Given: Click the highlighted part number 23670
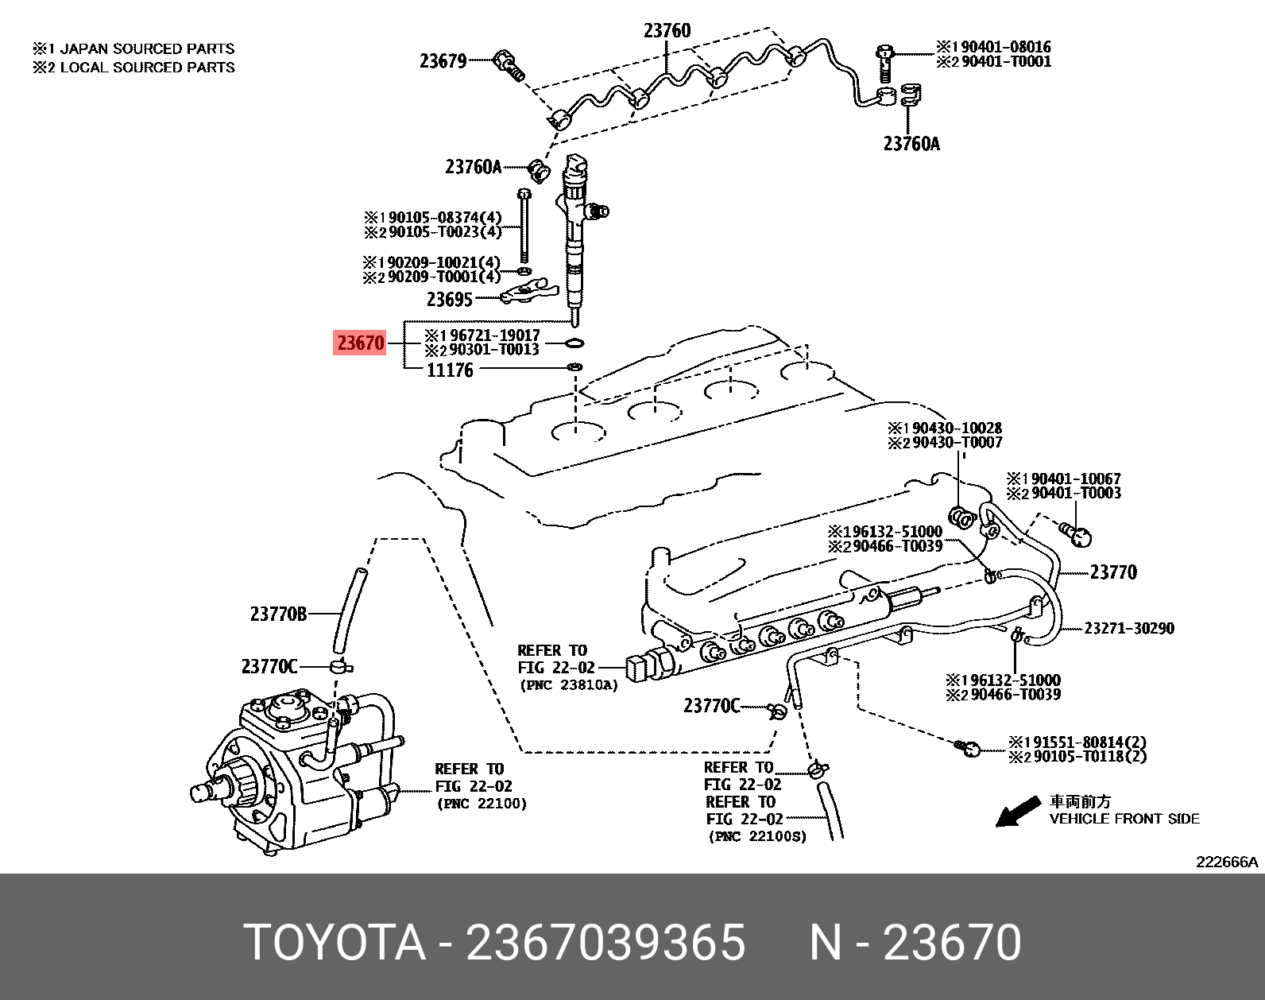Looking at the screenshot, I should pyautogui.click(x=360, y=343).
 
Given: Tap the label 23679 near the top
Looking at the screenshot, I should pyautogui.click(x=443, y=61).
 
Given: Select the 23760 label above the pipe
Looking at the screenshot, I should pyautogui.click(x=667, y=31).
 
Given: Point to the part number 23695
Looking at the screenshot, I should pyautogui.click(x=449, y=300).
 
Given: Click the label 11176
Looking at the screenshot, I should pyautogui.click(x=450, y=370).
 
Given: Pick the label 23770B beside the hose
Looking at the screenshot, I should pyautogui.click(x=278, y=614).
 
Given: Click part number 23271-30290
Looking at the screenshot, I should pyautogui.click(x=1128, y=629).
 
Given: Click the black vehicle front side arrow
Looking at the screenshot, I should pyautogui.click(x=1016, y=812).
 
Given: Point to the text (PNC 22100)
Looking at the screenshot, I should pyautogui.click(x=482, y=804).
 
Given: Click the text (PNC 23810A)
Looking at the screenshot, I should pyautogui.click(x=568, y=685).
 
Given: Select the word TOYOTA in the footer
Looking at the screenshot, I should pyautogui.click(x=335, y=943).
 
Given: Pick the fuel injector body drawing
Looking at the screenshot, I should pyautogui.click(x=575, y=238).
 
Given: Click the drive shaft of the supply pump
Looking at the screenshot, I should pyautogui.click(x=205, y=792).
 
